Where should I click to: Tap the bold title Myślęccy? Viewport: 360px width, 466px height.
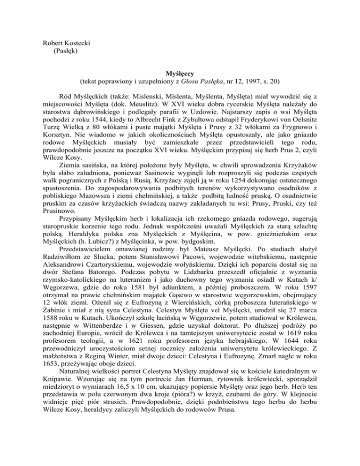pyautogui.click(x=180, y=74)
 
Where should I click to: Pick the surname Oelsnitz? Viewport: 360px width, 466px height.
pyautogui.click(x=306, y=120)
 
